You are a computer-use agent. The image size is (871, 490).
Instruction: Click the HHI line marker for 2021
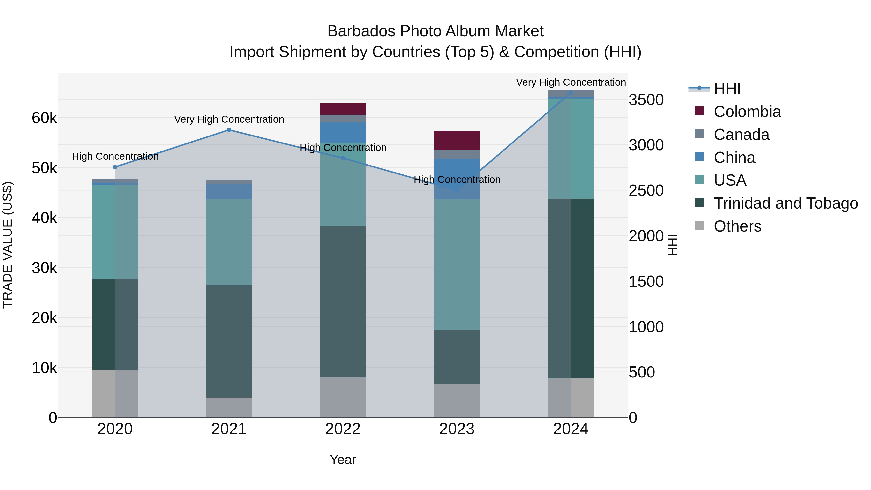click(x=229, y=130)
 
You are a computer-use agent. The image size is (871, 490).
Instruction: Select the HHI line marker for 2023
click(x=457, y=190)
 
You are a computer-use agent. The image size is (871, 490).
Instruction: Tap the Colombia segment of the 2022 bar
click(x=343, y=109)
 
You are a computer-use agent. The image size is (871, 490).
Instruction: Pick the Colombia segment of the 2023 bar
click(x=457, y=140)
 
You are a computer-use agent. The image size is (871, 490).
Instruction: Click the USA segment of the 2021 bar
click(x=229, y=242)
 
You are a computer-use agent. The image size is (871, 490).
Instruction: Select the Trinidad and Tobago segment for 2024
click(x=571, y=288)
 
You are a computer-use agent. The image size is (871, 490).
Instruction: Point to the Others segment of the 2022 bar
click(x=343, y=397)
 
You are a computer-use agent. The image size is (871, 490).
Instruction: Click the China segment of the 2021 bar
click(x=229, y=191)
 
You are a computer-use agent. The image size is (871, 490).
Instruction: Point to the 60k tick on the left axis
click(x=44, y=118)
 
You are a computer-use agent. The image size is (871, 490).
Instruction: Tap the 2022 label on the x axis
click(x=343, y=429)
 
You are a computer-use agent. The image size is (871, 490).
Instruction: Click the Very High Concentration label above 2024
click(x=571, y=82)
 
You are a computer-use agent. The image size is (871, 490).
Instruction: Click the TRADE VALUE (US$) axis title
click(x=8, y=245)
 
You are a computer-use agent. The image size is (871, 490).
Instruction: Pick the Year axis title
click(x=343, y=460)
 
